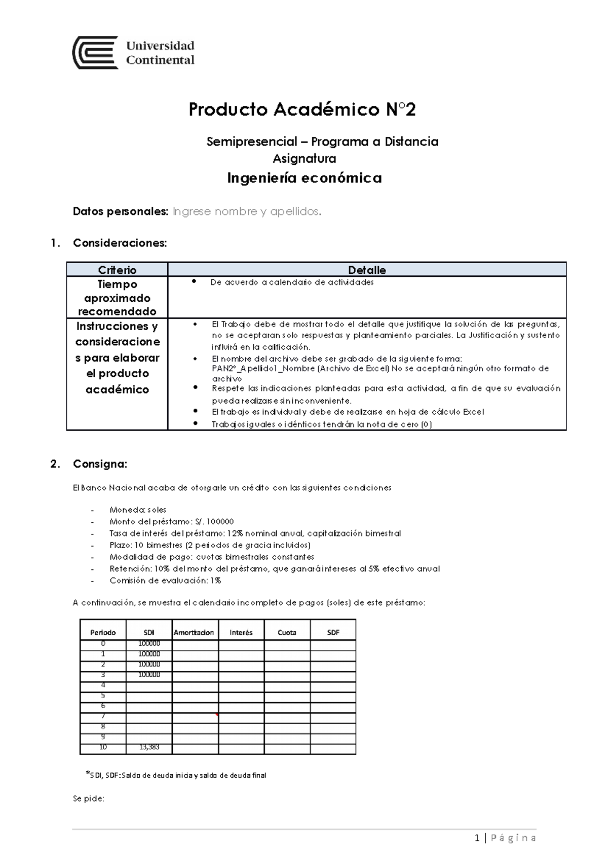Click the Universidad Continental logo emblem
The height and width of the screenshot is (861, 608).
tap(95, 52)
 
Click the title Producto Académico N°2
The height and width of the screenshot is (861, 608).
tap(302, 110)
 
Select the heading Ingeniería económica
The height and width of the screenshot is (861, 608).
tap(304, 178)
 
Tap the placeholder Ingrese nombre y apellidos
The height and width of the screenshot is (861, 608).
tap(247, 211)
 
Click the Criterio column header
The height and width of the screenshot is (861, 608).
tap(117, 270)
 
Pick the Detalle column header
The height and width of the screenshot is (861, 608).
tap(367, 270)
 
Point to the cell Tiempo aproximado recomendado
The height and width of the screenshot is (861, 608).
tap(117, 298)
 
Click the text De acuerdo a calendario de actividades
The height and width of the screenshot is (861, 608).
tap(292, 282)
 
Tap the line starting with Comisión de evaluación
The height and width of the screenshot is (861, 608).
tap(165, 580)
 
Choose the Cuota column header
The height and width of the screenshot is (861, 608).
tap(287, 632)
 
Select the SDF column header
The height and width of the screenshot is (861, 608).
tap(333, 632)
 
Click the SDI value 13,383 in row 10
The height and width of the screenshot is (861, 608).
tap(149, 747)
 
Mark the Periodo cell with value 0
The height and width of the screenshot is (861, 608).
tap(103, 643)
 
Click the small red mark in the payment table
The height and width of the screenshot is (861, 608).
tap(217, 715)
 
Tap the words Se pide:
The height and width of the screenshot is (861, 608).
tap(89, 798)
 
